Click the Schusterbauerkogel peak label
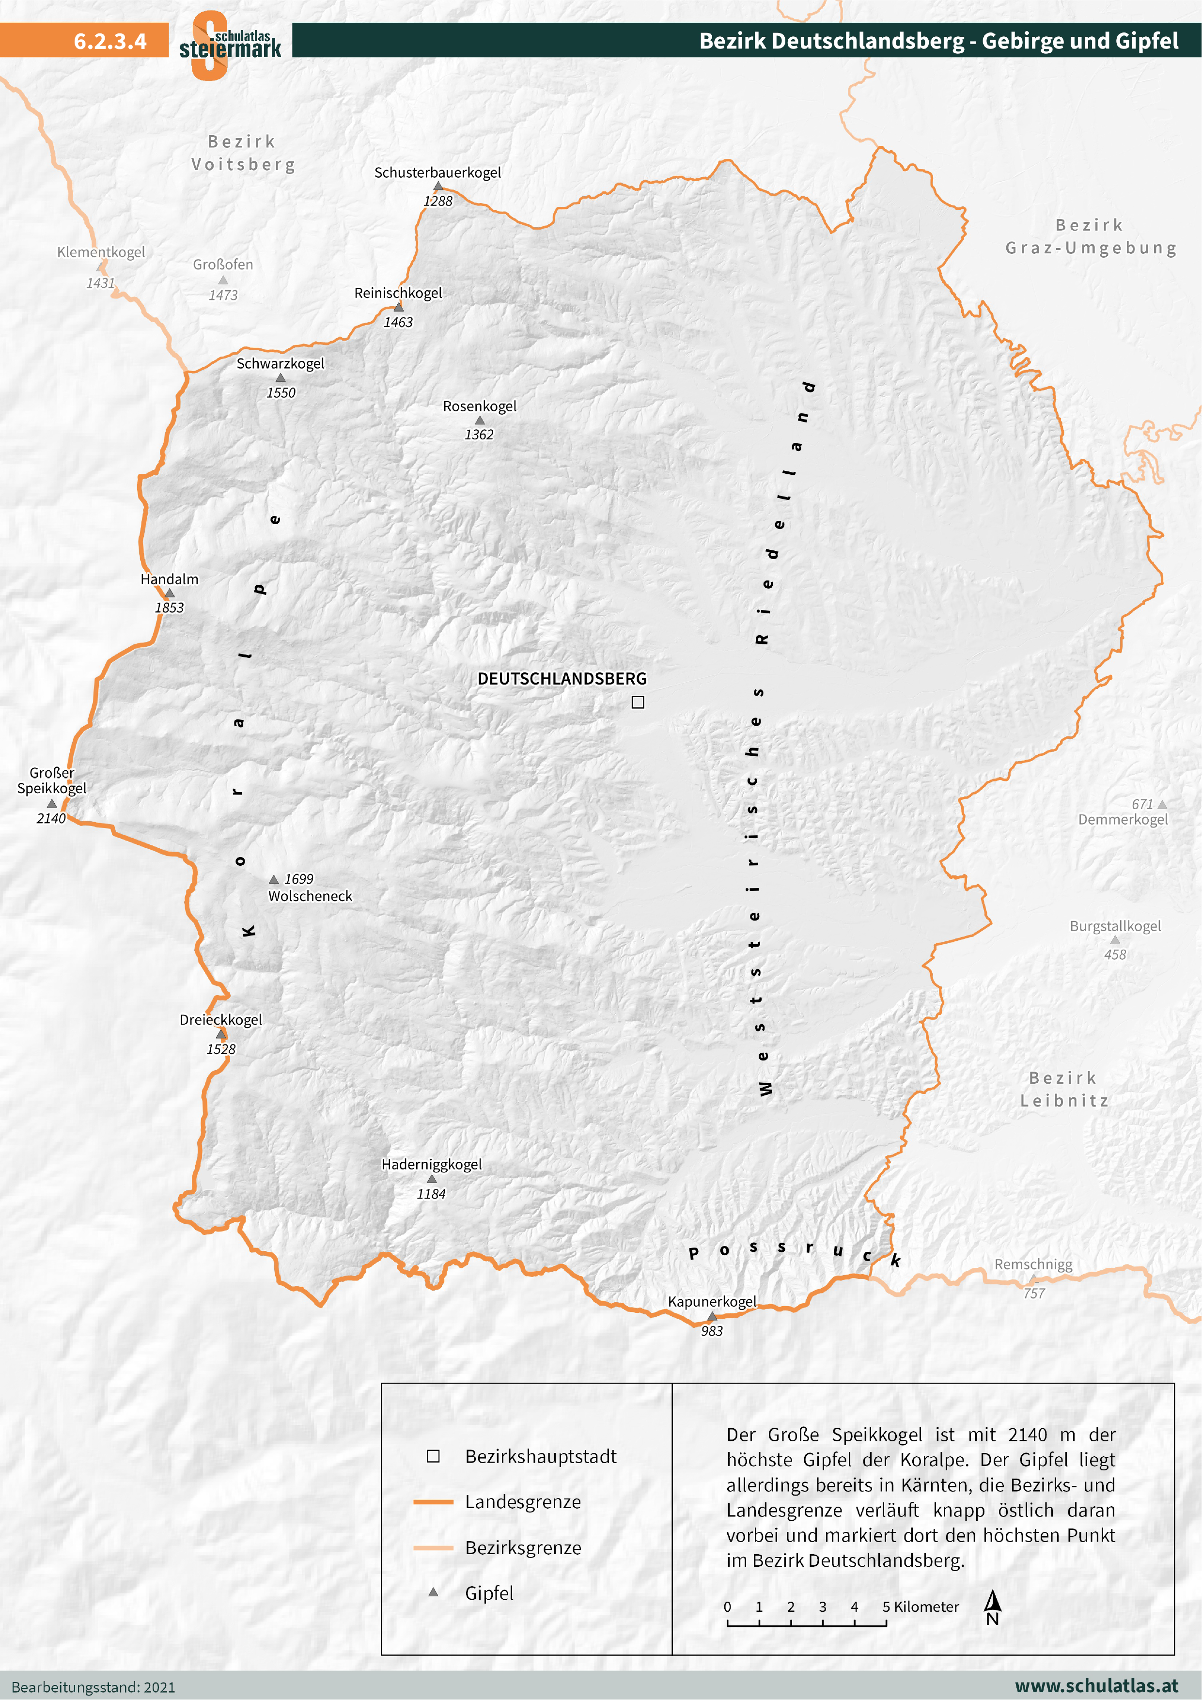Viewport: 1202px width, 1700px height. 437,172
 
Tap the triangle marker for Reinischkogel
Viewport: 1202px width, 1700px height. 398,307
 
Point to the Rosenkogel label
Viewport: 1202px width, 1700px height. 479,406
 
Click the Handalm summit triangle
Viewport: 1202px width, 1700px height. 170,593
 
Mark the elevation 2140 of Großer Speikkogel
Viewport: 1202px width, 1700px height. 51,818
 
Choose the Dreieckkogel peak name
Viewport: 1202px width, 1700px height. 221,1019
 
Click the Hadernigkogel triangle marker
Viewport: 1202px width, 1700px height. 432,1179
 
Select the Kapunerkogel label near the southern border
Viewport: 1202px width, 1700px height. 712,1302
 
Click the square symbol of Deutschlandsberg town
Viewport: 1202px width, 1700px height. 638,702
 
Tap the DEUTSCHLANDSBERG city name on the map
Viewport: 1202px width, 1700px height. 562,679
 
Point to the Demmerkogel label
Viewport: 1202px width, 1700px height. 1123,820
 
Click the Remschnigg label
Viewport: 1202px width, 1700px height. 1033,1264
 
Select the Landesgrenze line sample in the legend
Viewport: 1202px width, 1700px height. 433,1501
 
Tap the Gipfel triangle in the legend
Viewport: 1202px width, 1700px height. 433,1592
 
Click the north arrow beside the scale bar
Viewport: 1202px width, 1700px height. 992,1606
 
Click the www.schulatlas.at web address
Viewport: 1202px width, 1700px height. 1096,1686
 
